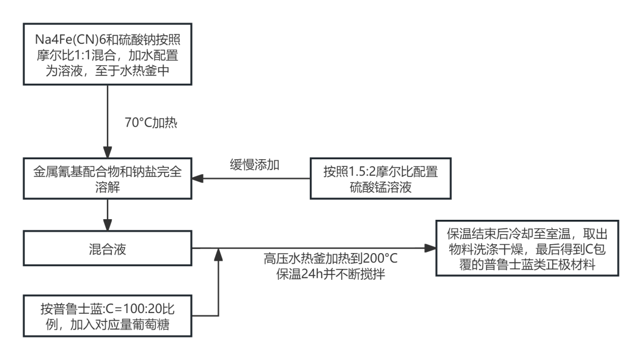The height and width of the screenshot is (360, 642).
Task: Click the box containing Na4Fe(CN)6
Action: click(x=107, y=55)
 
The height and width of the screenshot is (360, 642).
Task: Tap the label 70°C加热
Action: click(x=151, y=123)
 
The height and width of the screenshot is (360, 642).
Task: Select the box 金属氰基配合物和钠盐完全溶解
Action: click(x=107, y=179)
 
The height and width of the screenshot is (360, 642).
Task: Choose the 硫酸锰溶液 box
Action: click(x=380, y=179)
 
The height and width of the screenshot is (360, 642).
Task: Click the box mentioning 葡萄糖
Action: click(x=107, y=316)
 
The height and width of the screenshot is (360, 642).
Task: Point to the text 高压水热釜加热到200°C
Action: click(x=331, y=260)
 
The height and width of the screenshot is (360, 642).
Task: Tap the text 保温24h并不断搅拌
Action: click(x=331, y=275)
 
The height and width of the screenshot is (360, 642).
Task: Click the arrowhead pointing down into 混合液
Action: click(x=107, y=226)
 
